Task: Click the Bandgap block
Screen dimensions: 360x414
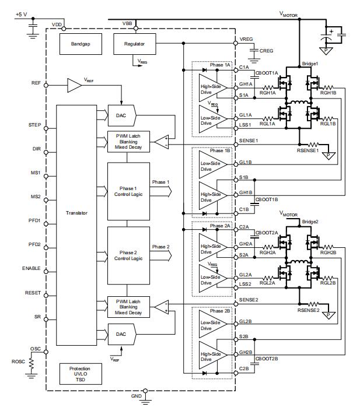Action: pos(81,44)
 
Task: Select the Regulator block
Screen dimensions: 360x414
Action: pos(134,44)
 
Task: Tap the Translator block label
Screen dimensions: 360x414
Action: pos(76,213)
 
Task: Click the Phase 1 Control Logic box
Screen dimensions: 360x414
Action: pos(128,191)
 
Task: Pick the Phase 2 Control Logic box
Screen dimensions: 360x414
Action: pos(128,255)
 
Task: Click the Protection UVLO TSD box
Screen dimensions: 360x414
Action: pos(81,374)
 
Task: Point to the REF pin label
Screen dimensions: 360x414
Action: pos(36,83)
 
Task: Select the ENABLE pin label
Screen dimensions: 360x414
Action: pos(31,268)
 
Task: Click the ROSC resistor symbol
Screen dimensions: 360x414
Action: pos(32,364)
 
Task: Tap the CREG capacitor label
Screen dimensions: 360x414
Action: pos(266,51)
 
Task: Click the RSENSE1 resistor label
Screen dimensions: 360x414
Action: pos(307,150)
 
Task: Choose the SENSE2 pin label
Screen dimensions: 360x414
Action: pos(249,300)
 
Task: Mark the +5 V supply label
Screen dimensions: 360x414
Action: pos(21,14)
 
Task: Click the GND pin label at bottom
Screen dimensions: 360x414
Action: pos(137,396)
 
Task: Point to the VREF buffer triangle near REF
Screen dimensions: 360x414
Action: pos(75,85)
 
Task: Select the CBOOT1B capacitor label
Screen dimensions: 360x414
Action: pos(267,199)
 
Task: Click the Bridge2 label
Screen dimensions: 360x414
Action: pos(310,222)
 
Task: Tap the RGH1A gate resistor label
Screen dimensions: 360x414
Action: pos(268,93)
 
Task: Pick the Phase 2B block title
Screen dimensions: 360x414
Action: pos(220,311)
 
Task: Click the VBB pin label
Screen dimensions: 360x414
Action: pos(127,23)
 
